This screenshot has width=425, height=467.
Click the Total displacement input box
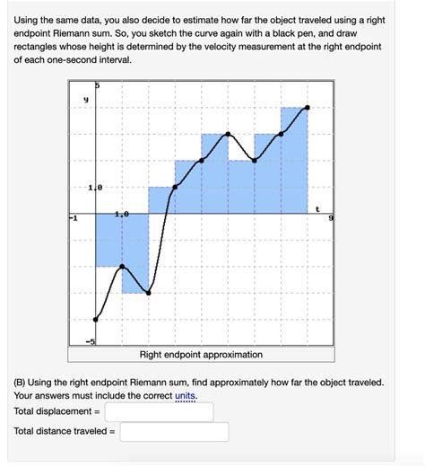point(159,411)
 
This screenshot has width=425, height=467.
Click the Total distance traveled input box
point(174,432)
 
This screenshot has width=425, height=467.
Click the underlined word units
point(186,395)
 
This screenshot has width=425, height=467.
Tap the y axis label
point(85,101)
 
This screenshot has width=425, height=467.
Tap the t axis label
point(317,207)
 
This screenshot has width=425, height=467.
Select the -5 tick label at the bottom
point(90,341)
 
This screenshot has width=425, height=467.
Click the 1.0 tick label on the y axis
point(96,188)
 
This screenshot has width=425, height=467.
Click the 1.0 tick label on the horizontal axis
point(122,215)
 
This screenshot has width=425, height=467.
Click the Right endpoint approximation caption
point(201,355)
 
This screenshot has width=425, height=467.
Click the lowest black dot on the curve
point(96,319)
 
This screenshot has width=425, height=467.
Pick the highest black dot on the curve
point(308,108)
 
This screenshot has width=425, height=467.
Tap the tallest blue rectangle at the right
point(294,162)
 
